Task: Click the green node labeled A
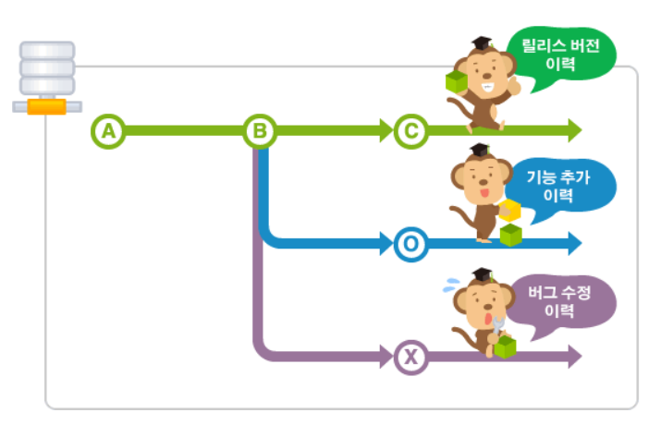click(109, 131)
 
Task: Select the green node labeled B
click(260, 131)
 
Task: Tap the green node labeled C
click(410, 131)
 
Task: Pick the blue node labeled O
click(410, 244)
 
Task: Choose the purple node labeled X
click(410, 356)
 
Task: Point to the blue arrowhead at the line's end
click(573, 244)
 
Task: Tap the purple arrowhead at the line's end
click(573, 356)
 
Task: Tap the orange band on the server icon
click(46, 105)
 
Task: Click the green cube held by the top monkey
click(457, 82)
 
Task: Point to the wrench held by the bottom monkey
click(498, 324)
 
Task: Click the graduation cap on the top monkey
click(481, 43)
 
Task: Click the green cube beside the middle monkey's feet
click(511, 235)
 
